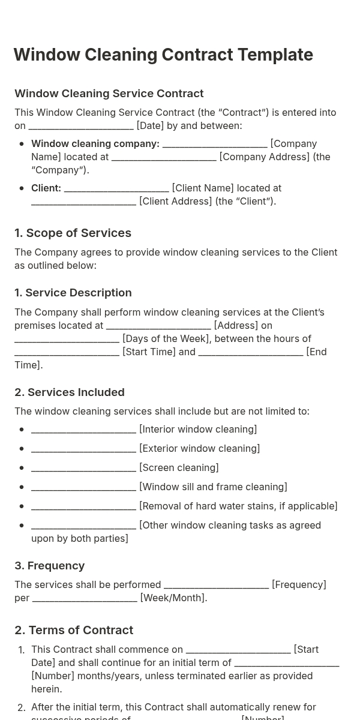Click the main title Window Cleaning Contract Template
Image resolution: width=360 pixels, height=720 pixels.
pos(163,55)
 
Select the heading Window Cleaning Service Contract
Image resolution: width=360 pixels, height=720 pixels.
pos(109,94)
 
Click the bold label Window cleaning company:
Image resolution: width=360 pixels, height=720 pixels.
pos(95,144)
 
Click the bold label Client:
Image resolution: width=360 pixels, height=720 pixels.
pos(46,188)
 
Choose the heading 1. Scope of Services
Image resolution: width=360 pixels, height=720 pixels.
pos(73,233)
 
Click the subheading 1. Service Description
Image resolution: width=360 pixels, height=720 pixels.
pos(73,293)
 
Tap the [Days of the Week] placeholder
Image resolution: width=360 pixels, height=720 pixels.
pos(166,339)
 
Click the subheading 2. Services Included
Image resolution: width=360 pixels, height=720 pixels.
pos(70,392)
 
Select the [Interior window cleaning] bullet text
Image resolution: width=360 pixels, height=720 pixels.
pos(198,430)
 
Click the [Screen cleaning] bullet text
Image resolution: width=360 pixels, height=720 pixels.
pos(179,468)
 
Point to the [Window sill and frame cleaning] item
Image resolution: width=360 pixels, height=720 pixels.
pos(213,487)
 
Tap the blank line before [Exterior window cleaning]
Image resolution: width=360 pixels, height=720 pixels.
pos(83,449)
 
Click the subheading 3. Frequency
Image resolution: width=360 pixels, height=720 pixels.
pos(49,566)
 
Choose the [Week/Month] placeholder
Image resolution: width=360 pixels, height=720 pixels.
pos(173,598)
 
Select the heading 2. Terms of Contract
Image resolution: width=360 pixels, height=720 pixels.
pos(74,631)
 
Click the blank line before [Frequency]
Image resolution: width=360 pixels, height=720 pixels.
pos(216,585)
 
